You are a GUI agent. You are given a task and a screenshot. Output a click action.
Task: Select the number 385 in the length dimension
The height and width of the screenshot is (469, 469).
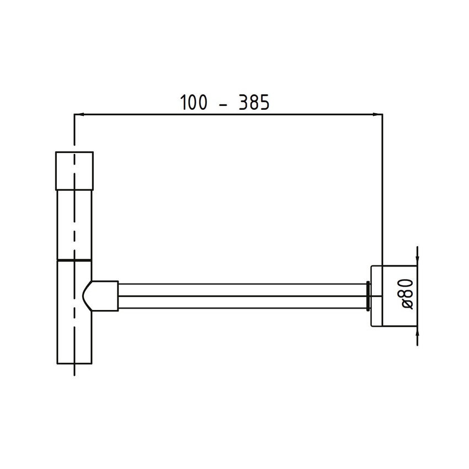pyautogui.click(x=254, y=103)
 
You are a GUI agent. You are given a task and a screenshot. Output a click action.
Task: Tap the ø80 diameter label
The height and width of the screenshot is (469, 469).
pyautogui.click(x=407, y=292)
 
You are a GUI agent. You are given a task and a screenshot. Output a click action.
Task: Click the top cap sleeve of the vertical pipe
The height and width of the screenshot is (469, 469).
pyautogui.click(x=74, y=169)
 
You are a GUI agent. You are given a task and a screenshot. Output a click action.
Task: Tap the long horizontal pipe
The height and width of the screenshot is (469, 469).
pyautogui.click(x=243, y=295)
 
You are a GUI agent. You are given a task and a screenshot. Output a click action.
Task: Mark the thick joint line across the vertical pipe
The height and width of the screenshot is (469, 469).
pyautogui.click(x=74, y=259)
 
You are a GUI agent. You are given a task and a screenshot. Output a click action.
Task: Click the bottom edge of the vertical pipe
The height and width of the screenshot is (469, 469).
pyautogui.click(x=74, y=364)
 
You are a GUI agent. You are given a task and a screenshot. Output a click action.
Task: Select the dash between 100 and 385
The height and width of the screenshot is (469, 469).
pyautogui.click(x=224, y=104)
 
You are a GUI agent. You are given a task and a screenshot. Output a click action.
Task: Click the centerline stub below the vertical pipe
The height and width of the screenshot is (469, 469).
pyautogui.click(x=74, y=370)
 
